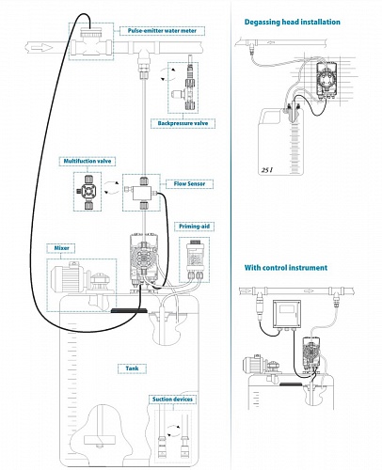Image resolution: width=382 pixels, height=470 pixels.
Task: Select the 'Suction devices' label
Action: pyautogui.click(x=174, y=399)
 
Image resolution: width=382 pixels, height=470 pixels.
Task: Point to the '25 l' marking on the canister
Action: pyautogui.click(x=266, y=172)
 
